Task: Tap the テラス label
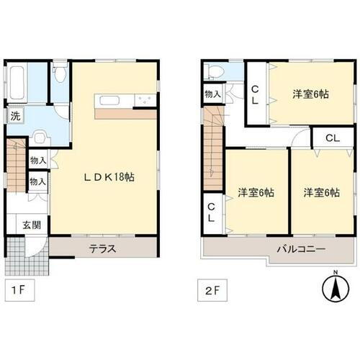[103, 249]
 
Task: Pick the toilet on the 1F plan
[60, 73]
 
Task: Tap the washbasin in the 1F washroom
[40, 135]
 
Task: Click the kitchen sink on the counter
[112, 101]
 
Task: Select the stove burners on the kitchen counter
[146, 101]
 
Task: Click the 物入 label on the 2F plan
[212, 94]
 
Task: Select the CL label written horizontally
[332, 138]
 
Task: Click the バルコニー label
[302, 249]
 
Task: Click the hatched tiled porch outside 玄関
[27, 253]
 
